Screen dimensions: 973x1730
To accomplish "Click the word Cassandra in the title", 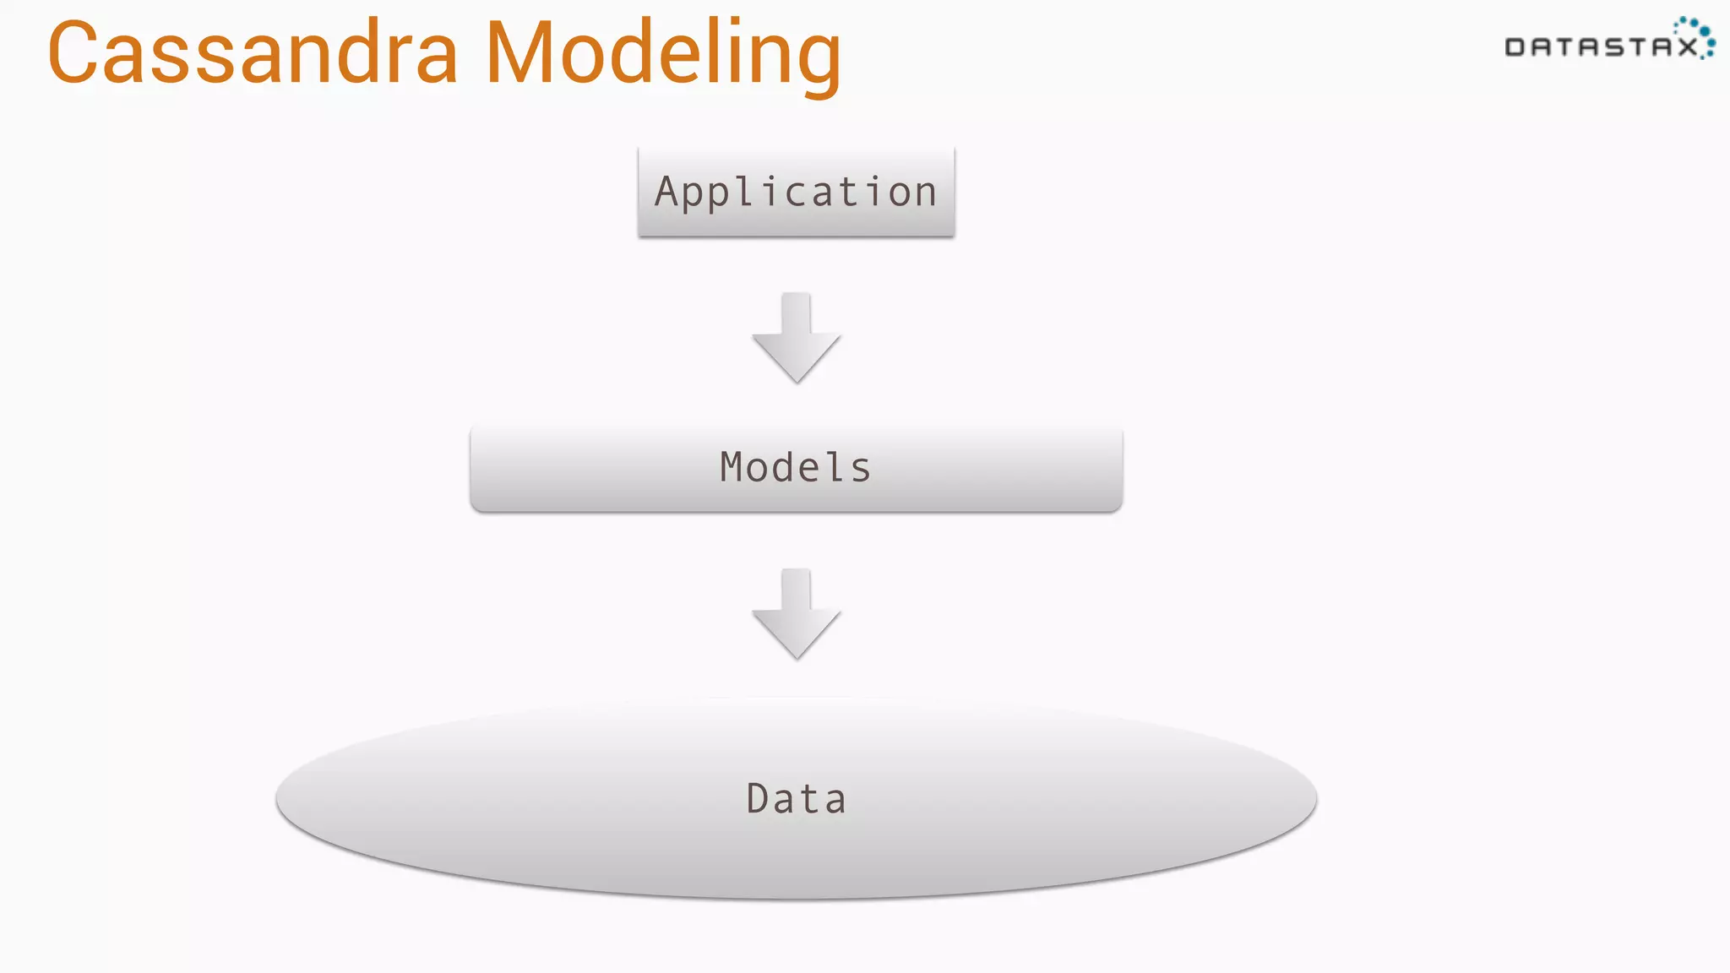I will click(x=253, y=53).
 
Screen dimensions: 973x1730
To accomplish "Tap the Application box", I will click(x=796, y=192).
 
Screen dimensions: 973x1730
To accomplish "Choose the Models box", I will click(x=796, y=469).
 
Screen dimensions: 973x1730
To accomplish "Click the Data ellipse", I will click(x=796, y=798).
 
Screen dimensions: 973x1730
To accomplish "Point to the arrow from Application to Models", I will click(x=796, y=338).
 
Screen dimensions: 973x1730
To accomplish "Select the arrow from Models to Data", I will click(x=796, y=614).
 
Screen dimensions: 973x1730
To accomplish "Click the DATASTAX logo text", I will click(x=1601, y=47).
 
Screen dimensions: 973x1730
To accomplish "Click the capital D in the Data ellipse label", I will click(x=758, y=798).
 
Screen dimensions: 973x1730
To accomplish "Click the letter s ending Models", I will click(x=861, y=470).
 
